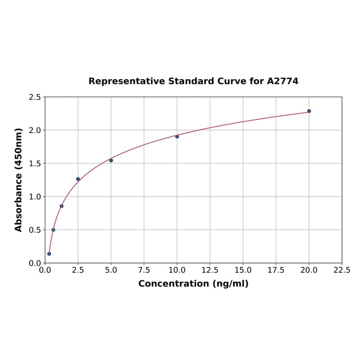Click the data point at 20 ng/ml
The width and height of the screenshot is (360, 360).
(309, 111)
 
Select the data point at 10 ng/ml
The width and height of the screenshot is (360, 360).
(177, 137)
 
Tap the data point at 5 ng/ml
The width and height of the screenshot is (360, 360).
(111, 160)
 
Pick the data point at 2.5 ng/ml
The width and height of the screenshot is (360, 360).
(78, 179)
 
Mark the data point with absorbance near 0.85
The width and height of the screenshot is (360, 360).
(62, 206)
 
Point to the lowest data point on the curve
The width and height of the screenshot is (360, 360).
(49, 254)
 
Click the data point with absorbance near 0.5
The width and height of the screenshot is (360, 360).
(53, 230)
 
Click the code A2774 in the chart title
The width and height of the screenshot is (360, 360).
(283, 82)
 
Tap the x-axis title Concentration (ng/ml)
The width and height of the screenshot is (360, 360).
(193, 284)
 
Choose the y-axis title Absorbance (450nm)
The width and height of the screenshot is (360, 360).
(19, 180)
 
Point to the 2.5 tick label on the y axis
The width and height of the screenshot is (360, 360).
(35, 97)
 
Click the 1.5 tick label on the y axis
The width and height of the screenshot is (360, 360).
(35, 164)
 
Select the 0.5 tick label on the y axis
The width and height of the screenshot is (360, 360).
(35, 230)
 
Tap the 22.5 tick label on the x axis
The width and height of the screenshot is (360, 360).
(342, 270)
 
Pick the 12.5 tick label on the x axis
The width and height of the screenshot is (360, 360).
(210, 270)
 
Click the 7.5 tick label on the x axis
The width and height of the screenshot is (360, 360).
(144, 270)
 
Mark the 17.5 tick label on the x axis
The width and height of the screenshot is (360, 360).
(276, 270)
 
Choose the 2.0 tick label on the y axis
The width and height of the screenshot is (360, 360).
(35, 130)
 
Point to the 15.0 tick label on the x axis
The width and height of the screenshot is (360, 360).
(243, 270)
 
